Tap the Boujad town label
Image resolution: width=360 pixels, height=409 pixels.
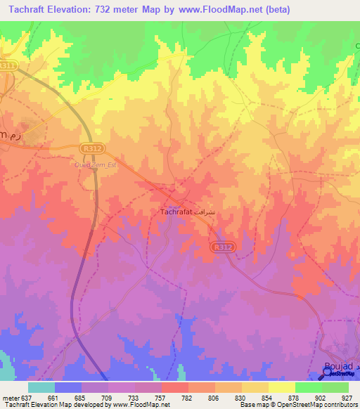tap(337, 365)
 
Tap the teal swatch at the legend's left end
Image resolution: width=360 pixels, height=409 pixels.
tap(41, 387)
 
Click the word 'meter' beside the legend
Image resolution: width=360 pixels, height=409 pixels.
tap(11, 397)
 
